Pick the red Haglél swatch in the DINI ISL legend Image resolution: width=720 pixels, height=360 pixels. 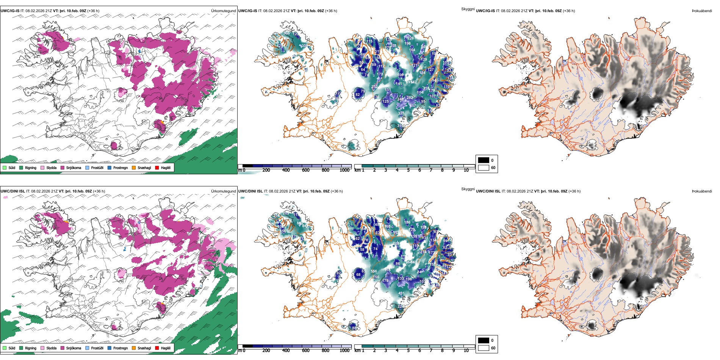pos(157,348)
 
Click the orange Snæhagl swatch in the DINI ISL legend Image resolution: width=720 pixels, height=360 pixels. pos(134,348)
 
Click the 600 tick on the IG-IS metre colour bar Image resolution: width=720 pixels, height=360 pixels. pos(306,170)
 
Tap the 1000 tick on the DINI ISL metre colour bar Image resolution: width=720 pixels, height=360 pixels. pos(344,351)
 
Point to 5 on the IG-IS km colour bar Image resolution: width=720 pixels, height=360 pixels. pos(408,170)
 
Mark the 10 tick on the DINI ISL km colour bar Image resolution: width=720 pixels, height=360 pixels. pos(466,351)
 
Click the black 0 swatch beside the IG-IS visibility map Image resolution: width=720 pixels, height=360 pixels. pos(484,160)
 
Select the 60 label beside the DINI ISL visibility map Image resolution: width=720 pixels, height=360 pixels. pos(493,348)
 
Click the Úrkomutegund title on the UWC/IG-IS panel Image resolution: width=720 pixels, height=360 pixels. pos(223,11)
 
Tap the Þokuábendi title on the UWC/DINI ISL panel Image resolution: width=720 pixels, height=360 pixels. pos(702,191)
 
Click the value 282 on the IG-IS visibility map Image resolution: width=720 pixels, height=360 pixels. pos(410,98)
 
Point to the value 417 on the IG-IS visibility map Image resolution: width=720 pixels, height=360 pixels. pos(412,106)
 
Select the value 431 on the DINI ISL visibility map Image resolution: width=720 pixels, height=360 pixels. pos(401,294)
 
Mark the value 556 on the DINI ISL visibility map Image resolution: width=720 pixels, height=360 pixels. pos(374,271)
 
